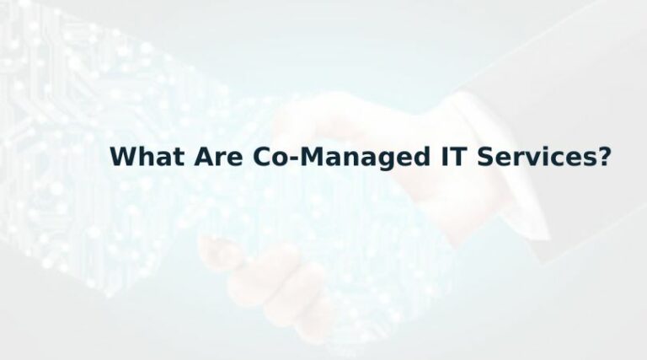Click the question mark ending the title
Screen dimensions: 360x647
pyautogui.click(x=603, y=158)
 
